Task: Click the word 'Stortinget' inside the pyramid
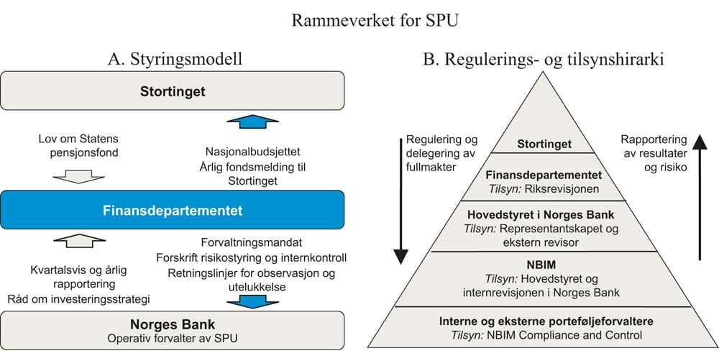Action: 544,144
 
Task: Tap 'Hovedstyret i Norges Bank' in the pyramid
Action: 544,214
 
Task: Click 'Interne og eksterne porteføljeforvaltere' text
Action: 544,320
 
